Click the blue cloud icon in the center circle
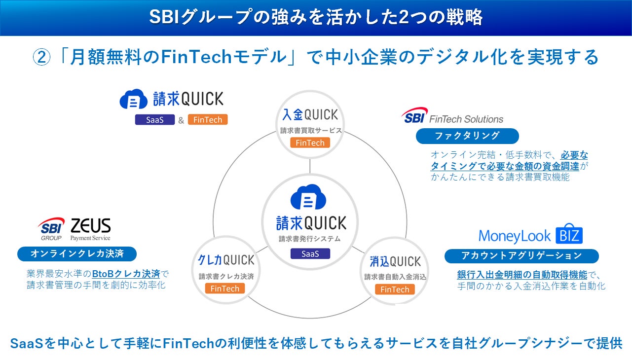(x=308, y=197)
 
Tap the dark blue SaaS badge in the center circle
(x=310, y=253)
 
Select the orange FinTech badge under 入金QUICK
(x=310, y=143)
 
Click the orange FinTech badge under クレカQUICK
(x=225, y=288)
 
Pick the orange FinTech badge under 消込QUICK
(x=395, y=289)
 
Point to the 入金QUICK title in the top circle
(x=310, y=115)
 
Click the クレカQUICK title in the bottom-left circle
(x=226, y=260)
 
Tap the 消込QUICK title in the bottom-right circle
(x=395, y=261)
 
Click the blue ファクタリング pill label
(x=467, y=136)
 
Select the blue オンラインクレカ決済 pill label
(x=77, y=254)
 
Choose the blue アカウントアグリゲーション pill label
(x=521, y=255)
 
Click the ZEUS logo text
(x=90, y=226)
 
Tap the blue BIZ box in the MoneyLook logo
(x=569, y=235)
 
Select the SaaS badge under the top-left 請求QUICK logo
(x=155, y=120)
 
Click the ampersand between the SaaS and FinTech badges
(x=181, y=120)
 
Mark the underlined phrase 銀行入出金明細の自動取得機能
(x=522, y=274)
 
